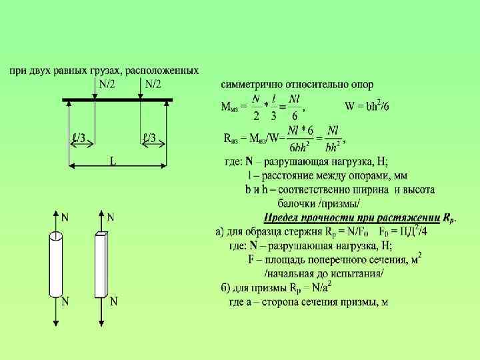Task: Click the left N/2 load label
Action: pos(107,84)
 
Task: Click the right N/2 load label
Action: pos(153,84)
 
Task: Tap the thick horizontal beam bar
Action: pos(118,100)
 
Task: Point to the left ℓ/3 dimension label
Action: pos(78,139)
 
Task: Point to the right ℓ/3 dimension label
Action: pos(149,139)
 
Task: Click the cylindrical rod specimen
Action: pos(56,265)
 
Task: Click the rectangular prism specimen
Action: pos(101,265)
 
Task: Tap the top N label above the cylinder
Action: pos(65,217)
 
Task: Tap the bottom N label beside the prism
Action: pos(113,301)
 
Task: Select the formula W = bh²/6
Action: pos(367,105)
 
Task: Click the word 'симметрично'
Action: pos(251,85)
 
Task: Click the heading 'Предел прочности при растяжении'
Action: pos(352,217)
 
